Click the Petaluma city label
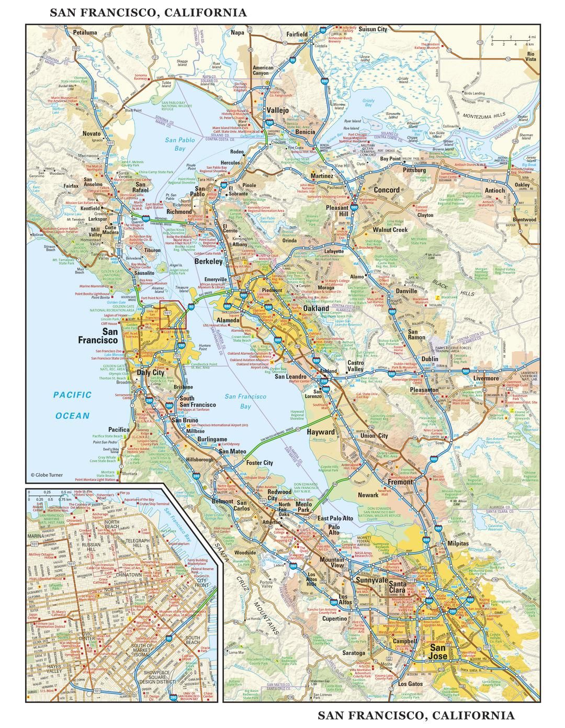pyautogui.click(x=85, y=32)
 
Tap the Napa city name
pyautogui.click(x=238, y=32)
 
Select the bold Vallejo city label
pyautogui.click(x=277, y=110)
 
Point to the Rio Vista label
pyautogui.click(x=531, y=56)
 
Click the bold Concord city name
pyautogui.click(x=386, y=190)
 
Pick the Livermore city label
pyautogui.click(x=486, y=378)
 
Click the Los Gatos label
pyautogui.click(x=410, y=684)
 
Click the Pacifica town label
pyautogui.click(x=119, y=429)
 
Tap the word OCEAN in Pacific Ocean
pyautogui.click(x=73, y=416)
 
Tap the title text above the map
pyautogui.click(x=148, y=13)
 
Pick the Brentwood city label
pyautogui.click(x=524, y=220)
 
